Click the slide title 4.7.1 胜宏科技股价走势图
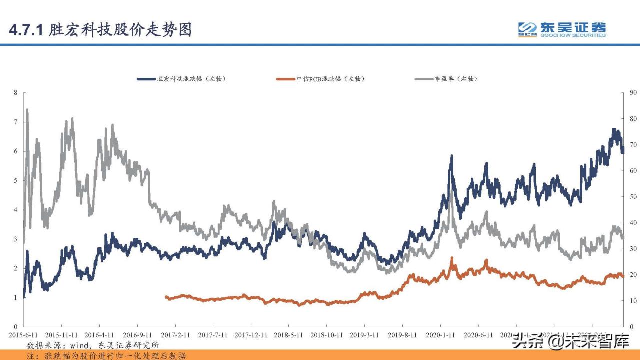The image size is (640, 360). click(100, 30)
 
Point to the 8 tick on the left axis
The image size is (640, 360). click(16, 93)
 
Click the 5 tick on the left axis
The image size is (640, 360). click(16, 181)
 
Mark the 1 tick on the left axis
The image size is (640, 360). click(16, 298)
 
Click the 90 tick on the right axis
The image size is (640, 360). click(633, 93)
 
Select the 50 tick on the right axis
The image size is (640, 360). click(633, 197)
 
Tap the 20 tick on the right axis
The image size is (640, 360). click(633, 275)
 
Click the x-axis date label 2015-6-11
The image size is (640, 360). click(23, 335)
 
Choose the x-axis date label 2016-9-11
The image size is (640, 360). click(137, 335)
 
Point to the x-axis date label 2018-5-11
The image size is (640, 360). click(289, 335)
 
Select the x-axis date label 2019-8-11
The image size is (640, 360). click(403, 335)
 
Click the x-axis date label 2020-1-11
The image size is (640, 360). click(441, 335)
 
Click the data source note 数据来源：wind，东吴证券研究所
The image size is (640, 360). click(93, 345)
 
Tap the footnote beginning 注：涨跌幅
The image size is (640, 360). click(106, 355)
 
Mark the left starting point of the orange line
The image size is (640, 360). click(166, 297)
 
